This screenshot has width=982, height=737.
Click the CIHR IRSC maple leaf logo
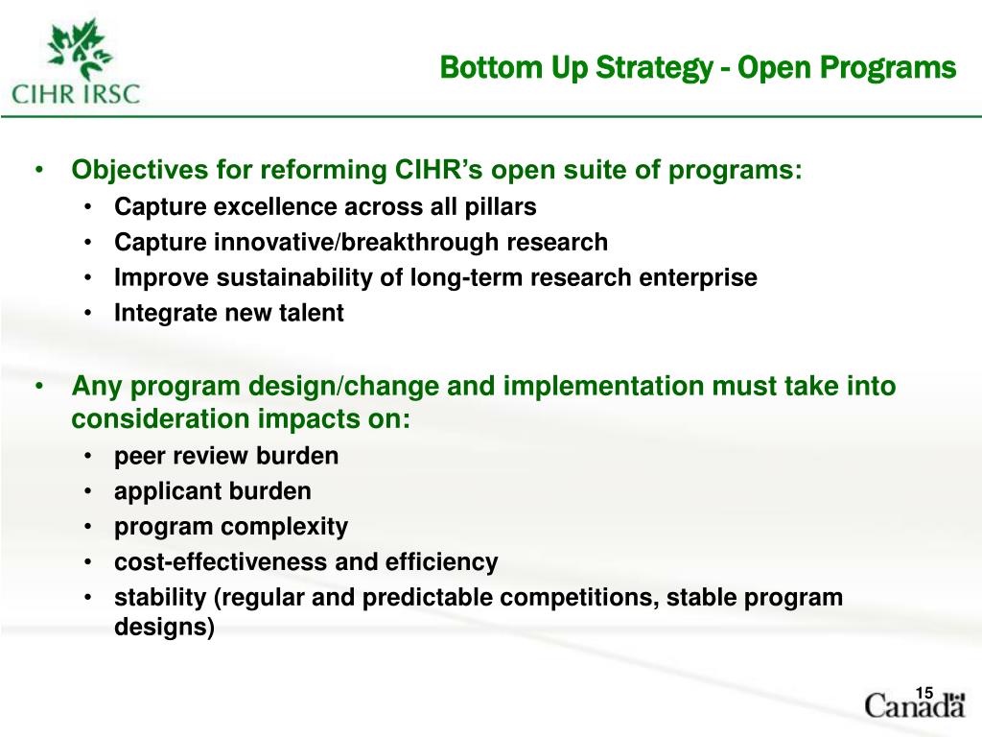76,65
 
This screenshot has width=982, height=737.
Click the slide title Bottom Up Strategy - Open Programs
697,68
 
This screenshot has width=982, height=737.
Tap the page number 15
924,694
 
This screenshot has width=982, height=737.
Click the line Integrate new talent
228,313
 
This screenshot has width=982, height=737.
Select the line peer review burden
226,456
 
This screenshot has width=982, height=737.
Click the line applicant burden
212,491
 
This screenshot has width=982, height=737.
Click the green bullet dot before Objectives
39,171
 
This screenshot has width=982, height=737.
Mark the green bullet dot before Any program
39,387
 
